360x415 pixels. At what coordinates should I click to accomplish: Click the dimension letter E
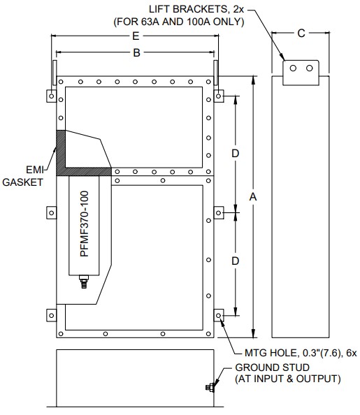click(x=136, y=36)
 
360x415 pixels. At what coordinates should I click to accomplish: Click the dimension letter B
click(x=136, y=52)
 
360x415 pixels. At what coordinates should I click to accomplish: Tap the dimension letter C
click(x=301, y=34)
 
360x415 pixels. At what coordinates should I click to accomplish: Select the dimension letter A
click(x=253, y=197)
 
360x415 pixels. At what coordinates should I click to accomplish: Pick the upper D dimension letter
click(x=236, y=153)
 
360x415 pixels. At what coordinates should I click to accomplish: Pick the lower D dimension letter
click(x=236, y=261)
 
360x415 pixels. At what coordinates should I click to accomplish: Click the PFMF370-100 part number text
click(x=85, y=224)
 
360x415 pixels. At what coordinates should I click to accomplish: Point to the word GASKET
click(x=22, y=182)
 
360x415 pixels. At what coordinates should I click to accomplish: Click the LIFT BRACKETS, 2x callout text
click(x=196, y=9)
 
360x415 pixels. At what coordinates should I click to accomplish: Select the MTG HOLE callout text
click(x=301, y=353)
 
